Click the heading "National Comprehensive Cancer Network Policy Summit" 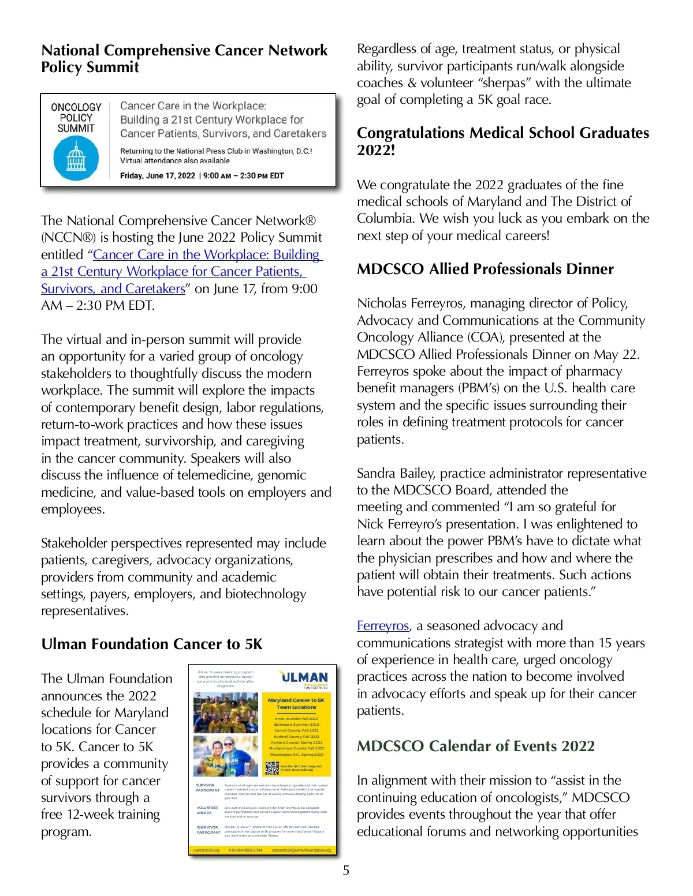pyautogui.click(x=184, y=58)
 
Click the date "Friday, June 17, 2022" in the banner pyautogui.click(x=157, y=175)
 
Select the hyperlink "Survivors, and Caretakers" pyautogui.click(x=113, y=288)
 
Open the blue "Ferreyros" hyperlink pyautogui.click(x=382, y=625)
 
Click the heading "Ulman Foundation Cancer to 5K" pyautogui.click(x=152, y=644)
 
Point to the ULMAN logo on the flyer pyautogui.click(x=304, y=677)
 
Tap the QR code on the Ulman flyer pyautogui.click(x=272, y=768)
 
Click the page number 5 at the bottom pyautogui.click(x=346, y=870)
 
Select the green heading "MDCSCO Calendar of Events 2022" pyautogui.click(x=475, y=746)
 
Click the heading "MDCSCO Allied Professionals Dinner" pyautogui.click(x=485, y=269)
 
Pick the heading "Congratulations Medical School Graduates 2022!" pyautogui.click(x=502, y=141)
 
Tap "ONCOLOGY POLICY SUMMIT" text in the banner pyautogui.click(x=76, y=118)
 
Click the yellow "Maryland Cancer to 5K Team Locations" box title pyautogui.click(x=296, y=703)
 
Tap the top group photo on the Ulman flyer pyautogui.click(x=225, y=713)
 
